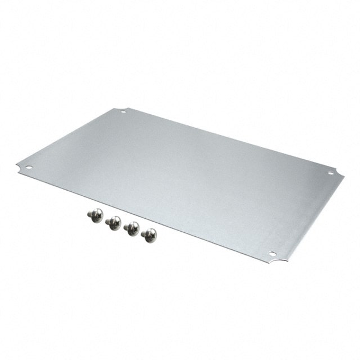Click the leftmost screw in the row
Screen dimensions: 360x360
(95, 215)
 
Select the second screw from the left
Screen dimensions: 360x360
(113, 223)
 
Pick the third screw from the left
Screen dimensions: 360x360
(131, 228)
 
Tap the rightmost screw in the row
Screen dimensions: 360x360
(149, 235)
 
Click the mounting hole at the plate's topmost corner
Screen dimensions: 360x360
(123, 111)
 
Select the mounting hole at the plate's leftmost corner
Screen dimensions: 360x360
(28, 167)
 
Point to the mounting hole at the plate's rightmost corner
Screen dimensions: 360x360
(330, 173)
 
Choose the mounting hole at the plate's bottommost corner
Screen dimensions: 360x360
(272, 254)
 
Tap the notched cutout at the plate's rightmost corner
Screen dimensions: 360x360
(339, 172)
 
